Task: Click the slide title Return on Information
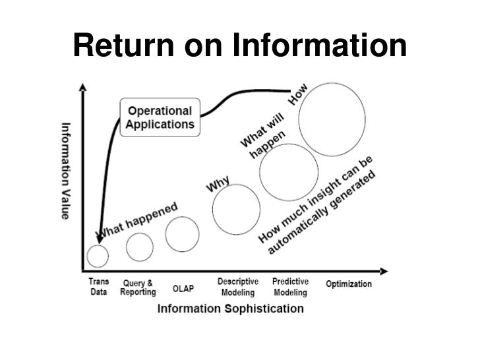pyautogui.click(x=240, y=46)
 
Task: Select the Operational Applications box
pyautogui.click(x=159, y=117)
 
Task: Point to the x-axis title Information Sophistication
pyautogui.click(x=230, y=308)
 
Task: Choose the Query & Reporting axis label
pyautogui.click(x=138, y=287)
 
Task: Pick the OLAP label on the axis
pyautogui.click(x=183, y=288)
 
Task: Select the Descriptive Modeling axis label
pyautogui.click(x=237, y=287)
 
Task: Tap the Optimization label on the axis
pyautogui.click(x=349, y=284)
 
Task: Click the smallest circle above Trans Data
pyautogui.click(x=98, y=255)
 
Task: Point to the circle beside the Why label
pyautogui.click(x=234, y=209)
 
